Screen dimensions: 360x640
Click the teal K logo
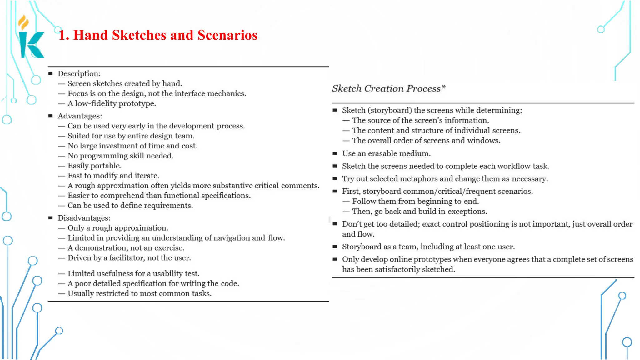point(31,45)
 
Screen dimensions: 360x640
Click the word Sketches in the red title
point(139,35)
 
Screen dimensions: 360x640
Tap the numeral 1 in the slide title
point(62,35)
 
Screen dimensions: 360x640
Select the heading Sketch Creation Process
point(386,89)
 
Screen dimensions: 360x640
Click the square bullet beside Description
point(51,73)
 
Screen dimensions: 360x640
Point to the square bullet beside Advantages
point(51,116)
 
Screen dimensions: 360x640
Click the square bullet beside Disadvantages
point(51,218)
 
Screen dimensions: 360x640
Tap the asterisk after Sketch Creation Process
point(443,87)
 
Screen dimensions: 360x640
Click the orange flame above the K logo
point(23,22)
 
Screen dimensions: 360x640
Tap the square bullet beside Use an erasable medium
point(335,153)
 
